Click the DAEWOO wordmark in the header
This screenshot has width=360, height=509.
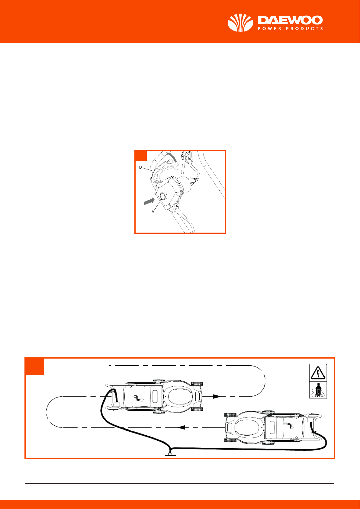[x=290, y=20]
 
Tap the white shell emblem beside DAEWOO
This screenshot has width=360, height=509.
[x=240, y=23]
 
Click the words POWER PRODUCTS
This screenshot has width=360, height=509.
[x=290, y=29]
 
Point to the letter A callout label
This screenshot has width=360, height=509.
[x=153, y=212]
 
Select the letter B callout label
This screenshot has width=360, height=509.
[x=140, y=167]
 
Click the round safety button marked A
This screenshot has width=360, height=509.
[x=163, y=196]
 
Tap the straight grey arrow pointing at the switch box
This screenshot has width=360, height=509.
[x=149, y=201]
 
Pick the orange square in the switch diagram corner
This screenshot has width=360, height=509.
[x=141, y=156]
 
